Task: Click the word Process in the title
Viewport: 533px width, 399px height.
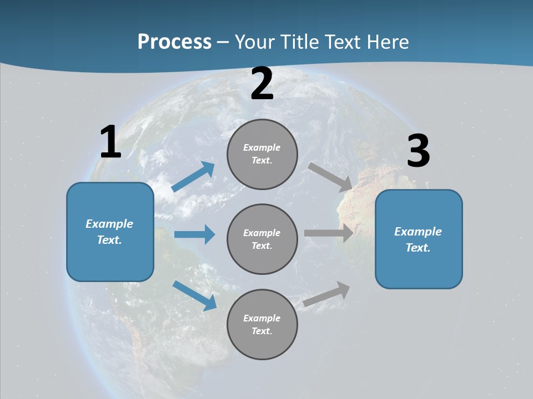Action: (x=174, y=42)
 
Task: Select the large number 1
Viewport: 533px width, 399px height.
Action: (x=110, y=142)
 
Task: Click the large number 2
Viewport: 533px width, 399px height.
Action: (x=262, y=84)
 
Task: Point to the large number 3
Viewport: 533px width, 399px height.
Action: (x=418, y=151)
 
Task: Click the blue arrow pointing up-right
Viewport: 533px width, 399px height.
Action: (x=193, y=177)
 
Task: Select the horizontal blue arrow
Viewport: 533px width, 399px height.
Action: (x=194, y=234)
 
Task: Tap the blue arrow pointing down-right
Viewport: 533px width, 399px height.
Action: (x=195, y=295)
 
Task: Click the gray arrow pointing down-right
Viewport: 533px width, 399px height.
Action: (x=330, y=177)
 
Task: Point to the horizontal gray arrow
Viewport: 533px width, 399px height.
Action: (x=329, y=233)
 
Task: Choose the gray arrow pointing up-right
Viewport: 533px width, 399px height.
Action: (x=327, y=294)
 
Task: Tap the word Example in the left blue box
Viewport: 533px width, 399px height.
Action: (x=109, y=224)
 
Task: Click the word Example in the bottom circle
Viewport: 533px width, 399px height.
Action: (x=262, y=318)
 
